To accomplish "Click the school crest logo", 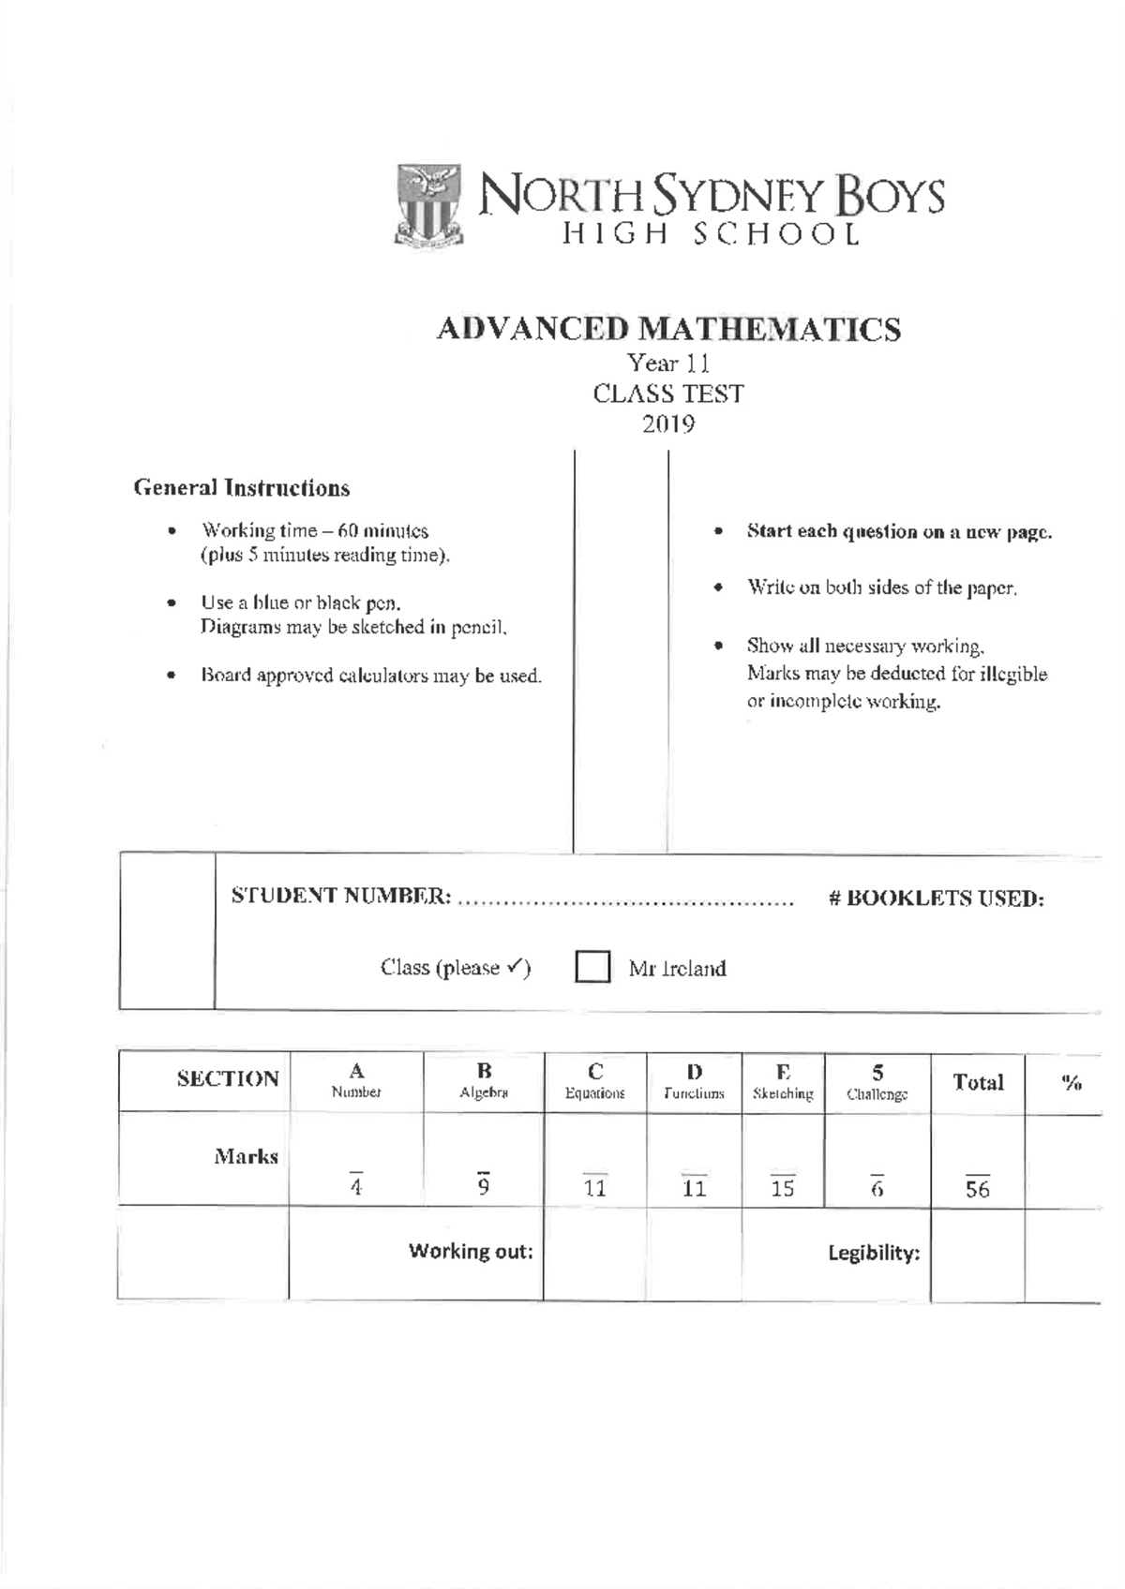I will click(x=429, y=205).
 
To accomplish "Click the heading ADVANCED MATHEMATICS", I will click(x=668, y=330).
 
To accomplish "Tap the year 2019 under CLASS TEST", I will click(x=668, y=424).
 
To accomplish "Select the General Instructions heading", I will click(x=241, y=488).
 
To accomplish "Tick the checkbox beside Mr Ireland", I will click(x=592, y=967).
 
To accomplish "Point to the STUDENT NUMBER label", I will click(x=341, y=897).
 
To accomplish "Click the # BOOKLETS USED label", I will click(x=936, y=898).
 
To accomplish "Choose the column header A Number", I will click(x=356, y=1080).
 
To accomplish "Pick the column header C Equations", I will click(x=594, y=1081).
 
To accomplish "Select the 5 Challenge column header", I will click(x=877, y=1082).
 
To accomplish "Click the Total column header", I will click(x=978, y=1083).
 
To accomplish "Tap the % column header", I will click(x=1072, y=1083).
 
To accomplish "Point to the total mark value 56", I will click(x=978, y=1189).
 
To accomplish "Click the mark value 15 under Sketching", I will click(x=783, y=1188).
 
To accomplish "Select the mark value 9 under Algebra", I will click(x=484, y=1187).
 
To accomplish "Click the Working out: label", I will click(x=471, y=1252).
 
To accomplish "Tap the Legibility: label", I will click(x=873, y=1254).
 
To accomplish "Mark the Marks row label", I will click(x=246, y=1156).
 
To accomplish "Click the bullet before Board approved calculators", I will click(x=171, y=675).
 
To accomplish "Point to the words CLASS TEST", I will click(x=668, y=394).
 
